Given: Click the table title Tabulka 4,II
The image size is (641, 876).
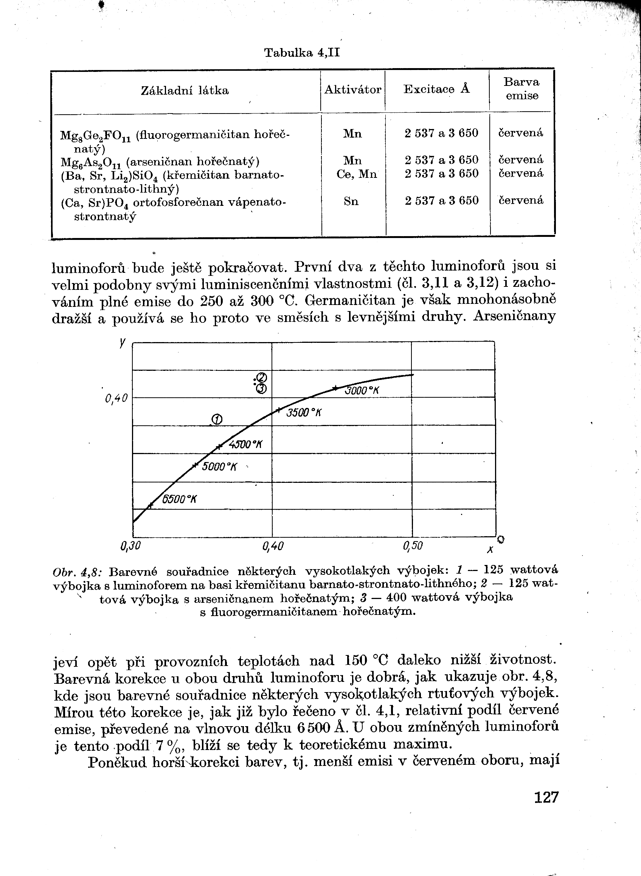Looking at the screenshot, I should pos(301,53).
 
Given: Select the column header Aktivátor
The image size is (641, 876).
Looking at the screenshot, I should pos(353,90).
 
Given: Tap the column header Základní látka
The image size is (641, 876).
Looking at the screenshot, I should pos(185,91).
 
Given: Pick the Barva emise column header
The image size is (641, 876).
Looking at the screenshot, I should pos(521,89).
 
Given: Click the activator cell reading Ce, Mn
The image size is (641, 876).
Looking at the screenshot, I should pos(356,174).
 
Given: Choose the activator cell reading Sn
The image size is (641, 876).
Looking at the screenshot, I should pos(351,201).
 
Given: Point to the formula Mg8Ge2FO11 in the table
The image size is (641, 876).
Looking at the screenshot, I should pos(96,135).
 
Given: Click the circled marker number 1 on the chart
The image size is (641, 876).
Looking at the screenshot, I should pos(217,419).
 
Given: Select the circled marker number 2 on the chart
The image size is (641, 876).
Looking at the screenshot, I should pos(261,377).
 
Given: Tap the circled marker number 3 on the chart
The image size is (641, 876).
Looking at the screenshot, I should pos(261,388).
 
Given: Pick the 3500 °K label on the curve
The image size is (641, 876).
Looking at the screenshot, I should pos(304,413).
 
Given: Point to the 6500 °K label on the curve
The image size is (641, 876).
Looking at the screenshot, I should pos(179,499).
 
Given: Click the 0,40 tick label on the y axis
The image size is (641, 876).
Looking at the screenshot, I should pos(116,398).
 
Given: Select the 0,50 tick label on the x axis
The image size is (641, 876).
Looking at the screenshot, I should pos(413,546).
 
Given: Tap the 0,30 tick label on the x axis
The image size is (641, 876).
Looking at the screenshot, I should pos(130,546).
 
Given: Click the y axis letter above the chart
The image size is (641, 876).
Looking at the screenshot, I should pos(123,342).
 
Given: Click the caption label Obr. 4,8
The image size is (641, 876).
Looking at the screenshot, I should pos(77,572).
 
